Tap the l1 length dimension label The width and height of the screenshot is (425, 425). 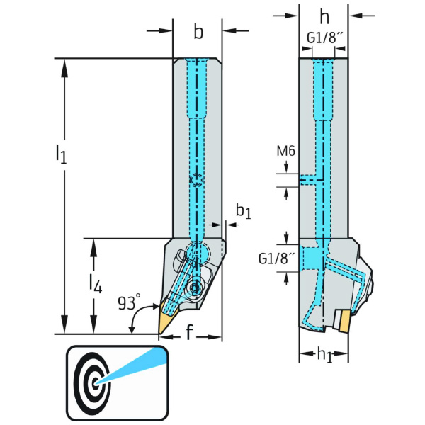62,154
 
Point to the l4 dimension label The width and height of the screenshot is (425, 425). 93,284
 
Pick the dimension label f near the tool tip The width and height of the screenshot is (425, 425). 189,333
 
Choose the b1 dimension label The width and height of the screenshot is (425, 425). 243,211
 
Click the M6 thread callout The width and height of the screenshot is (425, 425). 286,150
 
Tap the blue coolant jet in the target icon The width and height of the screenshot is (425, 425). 130,365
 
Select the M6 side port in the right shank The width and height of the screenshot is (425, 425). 309,180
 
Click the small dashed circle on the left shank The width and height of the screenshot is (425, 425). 196,181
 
